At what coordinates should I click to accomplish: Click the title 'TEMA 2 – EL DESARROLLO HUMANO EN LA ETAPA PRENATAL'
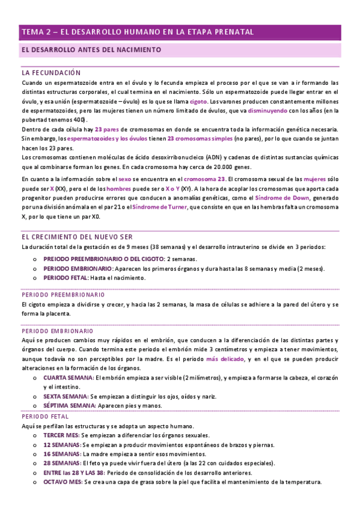tap(137, 32)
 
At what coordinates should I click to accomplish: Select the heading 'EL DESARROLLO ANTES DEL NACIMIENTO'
tap(91, 49)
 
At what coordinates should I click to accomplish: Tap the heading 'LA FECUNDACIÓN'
tap(50, 72)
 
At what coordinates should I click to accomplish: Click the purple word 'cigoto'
tap(200, 102)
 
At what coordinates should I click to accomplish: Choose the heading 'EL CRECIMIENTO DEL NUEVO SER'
tap(77, 237)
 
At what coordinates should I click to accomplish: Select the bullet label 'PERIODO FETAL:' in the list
tap(66, 278)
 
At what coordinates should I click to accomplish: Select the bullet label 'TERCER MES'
tap(61, 435)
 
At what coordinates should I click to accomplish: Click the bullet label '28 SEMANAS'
tap(61, 463)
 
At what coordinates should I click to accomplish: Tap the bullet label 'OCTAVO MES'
tap(62, 482)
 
